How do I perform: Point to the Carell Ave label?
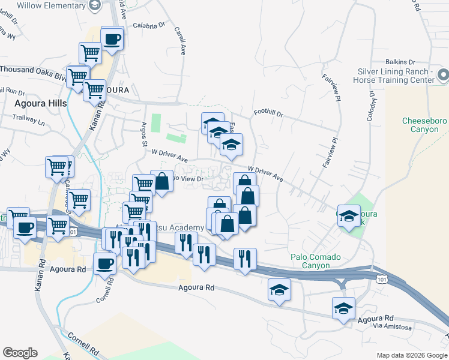[x=179, y=40]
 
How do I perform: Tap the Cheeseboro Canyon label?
[x=424, y=125]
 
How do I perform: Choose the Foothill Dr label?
[x=268, y=112]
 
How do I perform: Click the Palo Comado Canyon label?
[x=316, y=261]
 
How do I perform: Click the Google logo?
[x=20, y=353]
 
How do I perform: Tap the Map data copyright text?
[x=411, y=355]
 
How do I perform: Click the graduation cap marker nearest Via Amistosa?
[x=343, y=309]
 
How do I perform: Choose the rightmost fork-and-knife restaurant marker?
[x=244, y=258]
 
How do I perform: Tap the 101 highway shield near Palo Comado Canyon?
[x=381, y=279]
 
